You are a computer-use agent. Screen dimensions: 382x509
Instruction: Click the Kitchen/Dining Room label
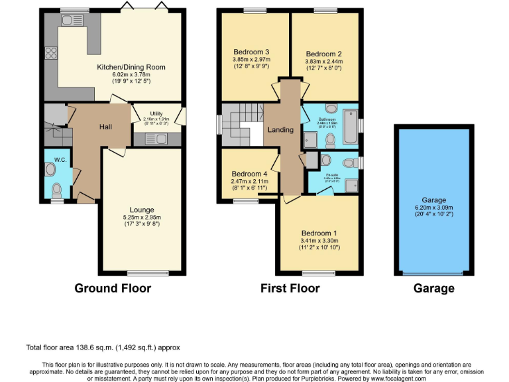pyautogui.click(x=131, y=67)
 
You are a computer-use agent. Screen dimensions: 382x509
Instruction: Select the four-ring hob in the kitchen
pyautogui.click(x=50, y=54)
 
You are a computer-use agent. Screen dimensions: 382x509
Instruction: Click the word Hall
pyautogui.click(x=106, y=127)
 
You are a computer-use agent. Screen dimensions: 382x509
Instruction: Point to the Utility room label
pyautogui.click(x=156, y=113)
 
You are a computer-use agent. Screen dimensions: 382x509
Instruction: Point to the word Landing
pyautogui.click(x=280, y=130)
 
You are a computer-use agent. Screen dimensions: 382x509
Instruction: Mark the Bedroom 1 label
pyautogui.click(x=319, y=233)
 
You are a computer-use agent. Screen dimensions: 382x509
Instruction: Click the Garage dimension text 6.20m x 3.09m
pyautogui.click(x=434, y=207)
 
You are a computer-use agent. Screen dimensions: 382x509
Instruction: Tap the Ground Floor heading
pyautogui.click(x=113, y=288)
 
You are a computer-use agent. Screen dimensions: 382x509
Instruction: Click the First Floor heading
pyautogui.click(x=290, y=288)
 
